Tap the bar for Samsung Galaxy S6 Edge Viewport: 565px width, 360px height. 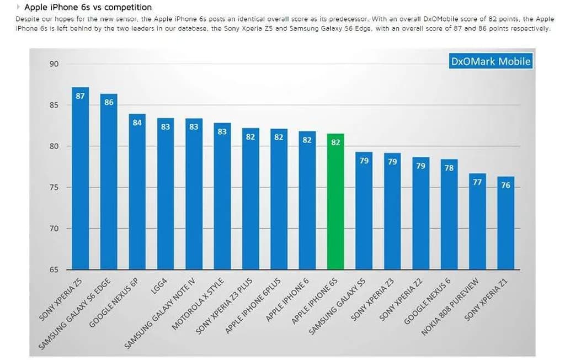[x=109, y=182]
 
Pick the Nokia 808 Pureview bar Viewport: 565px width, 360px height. [x=477, y=221]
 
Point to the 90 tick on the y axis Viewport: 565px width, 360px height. [x=54, y=64]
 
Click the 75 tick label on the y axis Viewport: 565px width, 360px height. [x=54, y=188]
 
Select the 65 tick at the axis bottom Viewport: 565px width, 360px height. [x=54, y=270]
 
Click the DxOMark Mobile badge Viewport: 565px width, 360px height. [x=491, y=61]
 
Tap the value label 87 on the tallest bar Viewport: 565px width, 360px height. [x=80, y=96]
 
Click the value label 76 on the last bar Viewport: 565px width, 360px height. [x=505, y=186]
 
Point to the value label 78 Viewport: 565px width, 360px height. [x=449, y=168]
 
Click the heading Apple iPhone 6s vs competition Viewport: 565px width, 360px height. [x=88, y=8]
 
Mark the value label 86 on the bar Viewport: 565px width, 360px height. [x=109, y=102]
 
